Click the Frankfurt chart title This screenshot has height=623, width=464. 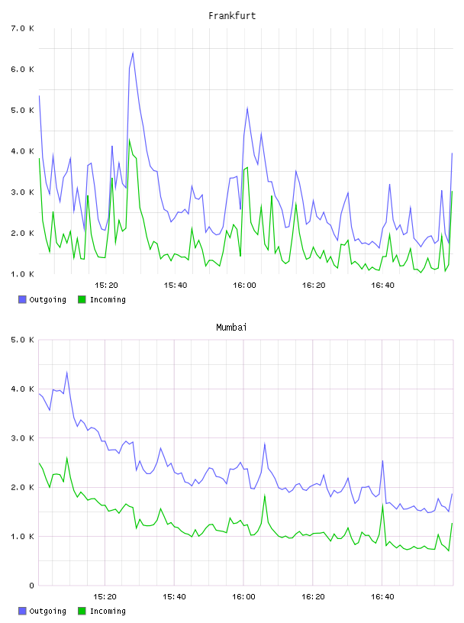232,16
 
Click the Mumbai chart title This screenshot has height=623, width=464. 231,328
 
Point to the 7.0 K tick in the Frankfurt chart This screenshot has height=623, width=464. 22,28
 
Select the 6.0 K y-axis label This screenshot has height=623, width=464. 22,69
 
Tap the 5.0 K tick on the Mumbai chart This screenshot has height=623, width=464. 22,340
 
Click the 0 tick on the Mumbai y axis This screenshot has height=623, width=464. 32,586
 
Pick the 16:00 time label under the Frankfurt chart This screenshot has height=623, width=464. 244,285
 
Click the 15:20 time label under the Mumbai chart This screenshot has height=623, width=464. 105,596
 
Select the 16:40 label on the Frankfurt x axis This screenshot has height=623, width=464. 382,285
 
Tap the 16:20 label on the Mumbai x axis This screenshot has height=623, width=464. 313,596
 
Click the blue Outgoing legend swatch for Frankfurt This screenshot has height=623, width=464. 22,299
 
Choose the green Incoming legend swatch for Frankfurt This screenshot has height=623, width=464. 82,299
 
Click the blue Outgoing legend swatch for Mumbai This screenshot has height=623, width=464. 22,611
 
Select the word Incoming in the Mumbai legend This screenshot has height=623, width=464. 108,611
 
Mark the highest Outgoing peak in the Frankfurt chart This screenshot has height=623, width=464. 133,53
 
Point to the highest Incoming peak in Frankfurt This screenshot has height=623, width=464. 130,140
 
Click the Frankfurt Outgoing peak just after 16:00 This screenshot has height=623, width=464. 247,108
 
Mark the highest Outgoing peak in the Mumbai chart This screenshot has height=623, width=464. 66,372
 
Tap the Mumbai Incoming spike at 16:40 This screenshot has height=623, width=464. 382,505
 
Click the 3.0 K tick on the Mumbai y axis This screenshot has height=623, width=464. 22,437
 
